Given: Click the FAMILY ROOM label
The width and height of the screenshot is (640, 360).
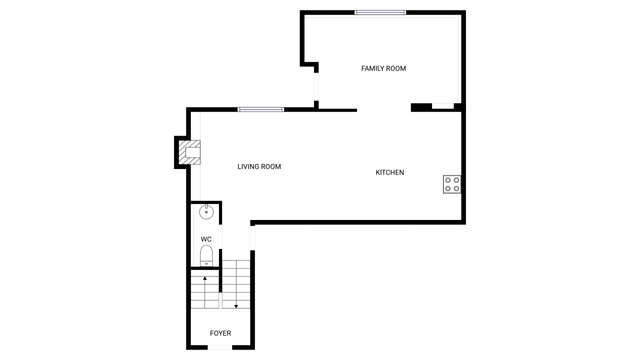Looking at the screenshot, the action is point(383,69).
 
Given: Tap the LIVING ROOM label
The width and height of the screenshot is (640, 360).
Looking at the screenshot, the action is point(259,167).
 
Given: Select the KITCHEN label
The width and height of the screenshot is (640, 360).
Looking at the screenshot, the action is point(390,173).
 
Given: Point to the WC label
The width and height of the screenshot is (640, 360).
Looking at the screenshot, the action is point(206,239).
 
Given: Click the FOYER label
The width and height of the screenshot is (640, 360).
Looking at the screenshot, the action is point(220,333).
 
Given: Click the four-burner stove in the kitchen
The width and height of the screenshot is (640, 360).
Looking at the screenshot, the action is point(452,184).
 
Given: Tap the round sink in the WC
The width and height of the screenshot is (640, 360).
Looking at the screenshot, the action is point(207,212).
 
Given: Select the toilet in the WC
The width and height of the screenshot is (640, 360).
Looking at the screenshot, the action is point(207,256).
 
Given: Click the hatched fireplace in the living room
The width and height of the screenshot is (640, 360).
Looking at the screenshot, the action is point(190,152).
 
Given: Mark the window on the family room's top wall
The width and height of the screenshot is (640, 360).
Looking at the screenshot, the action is point(380,13).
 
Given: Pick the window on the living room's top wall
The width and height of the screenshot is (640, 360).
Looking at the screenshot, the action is point(261,109).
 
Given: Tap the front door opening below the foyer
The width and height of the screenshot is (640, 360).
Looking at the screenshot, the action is point(220,347).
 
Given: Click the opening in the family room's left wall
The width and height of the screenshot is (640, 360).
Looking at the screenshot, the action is point(316,87).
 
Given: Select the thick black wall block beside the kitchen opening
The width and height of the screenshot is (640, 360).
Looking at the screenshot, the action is point(421,107).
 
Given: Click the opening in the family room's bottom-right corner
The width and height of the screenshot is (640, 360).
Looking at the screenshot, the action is point(443,107).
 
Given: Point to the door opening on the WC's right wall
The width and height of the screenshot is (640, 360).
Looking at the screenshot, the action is point(221,236).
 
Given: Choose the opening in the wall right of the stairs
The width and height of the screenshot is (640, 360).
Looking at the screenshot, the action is point(253,238).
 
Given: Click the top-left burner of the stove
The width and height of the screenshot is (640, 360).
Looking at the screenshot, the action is point(448,180).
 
